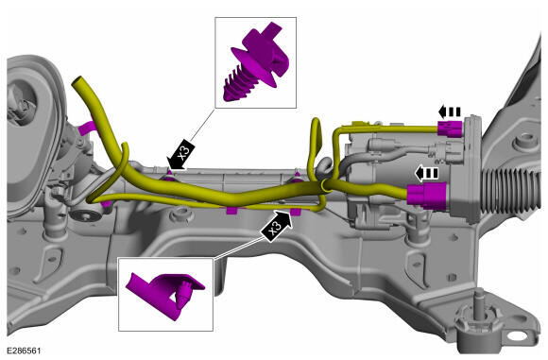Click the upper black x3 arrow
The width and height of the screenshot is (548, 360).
[181, 154]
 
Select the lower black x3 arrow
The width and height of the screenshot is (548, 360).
[277, 226]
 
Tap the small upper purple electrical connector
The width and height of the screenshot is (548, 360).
[450, 129]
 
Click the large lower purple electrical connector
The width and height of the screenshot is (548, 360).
[427, 196]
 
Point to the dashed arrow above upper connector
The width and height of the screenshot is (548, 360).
[450, 111]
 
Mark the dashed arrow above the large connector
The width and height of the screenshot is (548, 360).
[426, 173]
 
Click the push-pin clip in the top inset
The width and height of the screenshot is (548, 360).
[256, 63]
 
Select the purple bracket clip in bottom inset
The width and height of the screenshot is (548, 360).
[164, 294]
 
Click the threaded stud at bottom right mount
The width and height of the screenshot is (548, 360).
[479, 300]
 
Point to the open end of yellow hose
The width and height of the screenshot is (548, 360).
[77, 81]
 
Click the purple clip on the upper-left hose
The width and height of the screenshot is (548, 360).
[86, 128]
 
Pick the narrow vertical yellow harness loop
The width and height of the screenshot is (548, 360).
[315, 146]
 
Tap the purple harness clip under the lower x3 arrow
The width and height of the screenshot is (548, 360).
[296, 211]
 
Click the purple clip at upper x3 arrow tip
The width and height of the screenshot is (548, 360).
[169, 177]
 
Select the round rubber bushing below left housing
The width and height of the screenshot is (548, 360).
[85, 214]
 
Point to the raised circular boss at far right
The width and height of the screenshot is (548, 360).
[523, 141]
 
